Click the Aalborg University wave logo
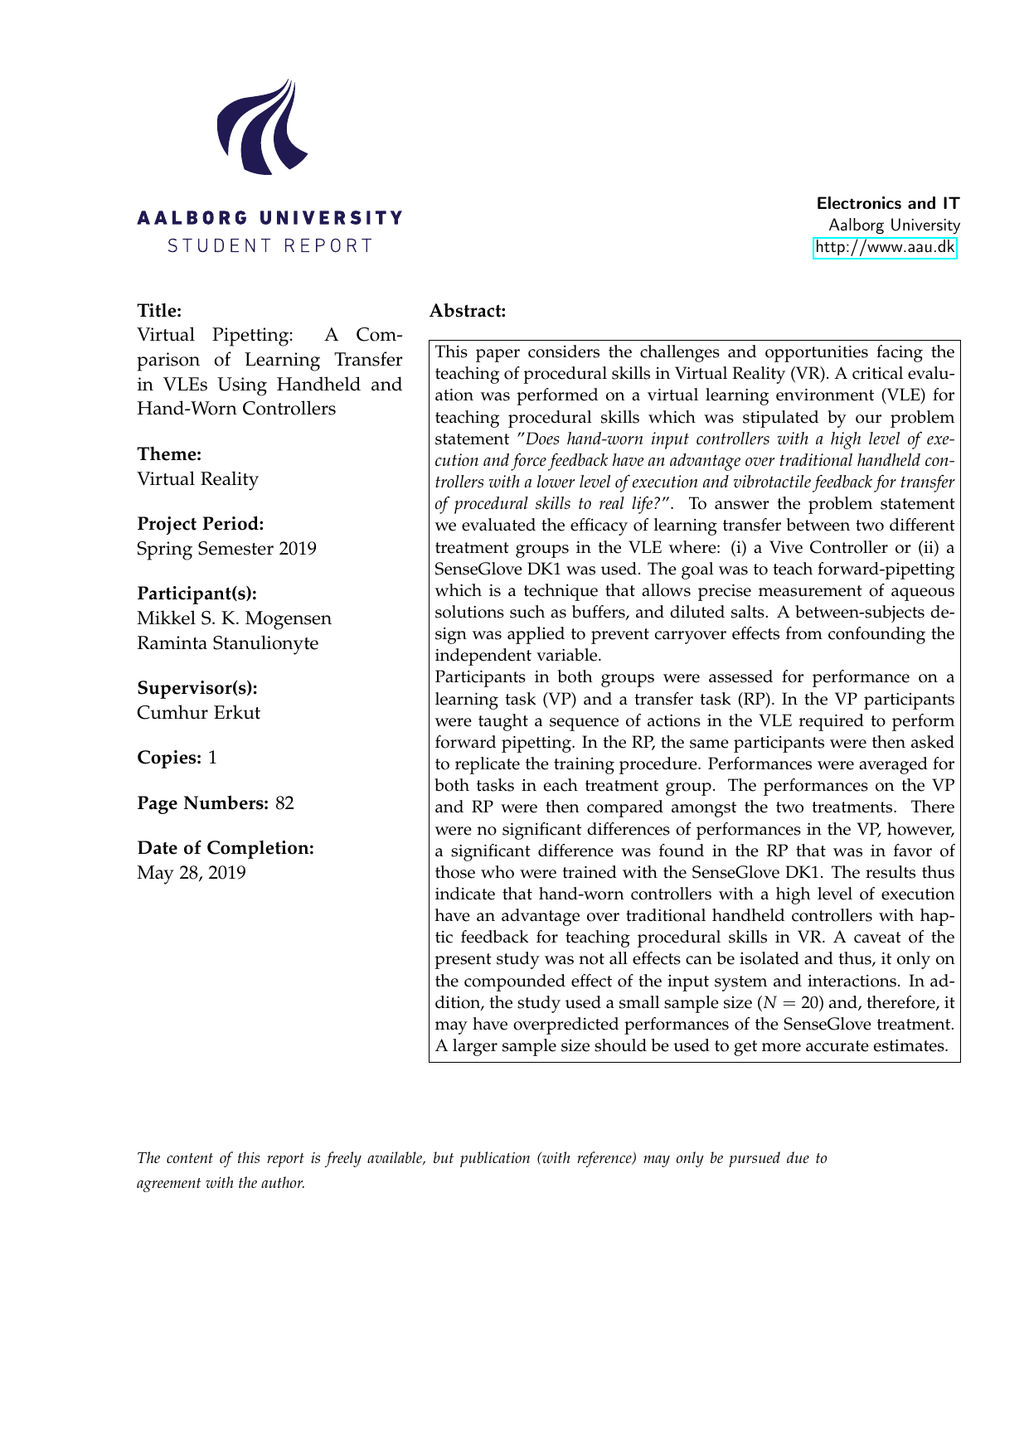click(260, 128)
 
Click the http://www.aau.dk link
click(885, 247)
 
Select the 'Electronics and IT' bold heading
click(888, 203)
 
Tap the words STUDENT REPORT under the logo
click(270, 246)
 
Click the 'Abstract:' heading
click(468, 311)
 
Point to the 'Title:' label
click(159, 311)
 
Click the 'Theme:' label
click(169, 454)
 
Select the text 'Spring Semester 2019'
click(226, 549)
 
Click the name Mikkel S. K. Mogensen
click(234, 618)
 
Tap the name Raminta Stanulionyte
click(227, 643)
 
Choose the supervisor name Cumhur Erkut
click(198, 713)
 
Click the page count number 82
click(284, 803)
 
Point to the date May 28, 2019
click(191, 873)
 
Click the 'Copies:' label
click(169, 758)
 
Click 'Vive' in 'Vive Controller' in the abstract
click(787, 547)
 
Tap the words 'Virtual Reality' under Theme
click(197, 479)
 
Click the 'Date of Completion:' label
click(226, 848)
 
